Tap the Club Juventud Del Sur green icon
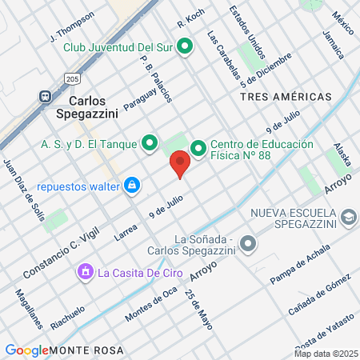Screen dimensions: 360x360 (x=186, y=46)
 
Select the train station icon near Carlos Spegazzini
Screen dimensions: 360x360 (x=45, y=94)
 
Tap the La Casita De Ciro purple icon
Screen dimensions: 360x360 (x=84, y=273)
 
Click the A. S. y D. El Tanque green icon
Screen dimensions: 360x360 (x=149, y=144)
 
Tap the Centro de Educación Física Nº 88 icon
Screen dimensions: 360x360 (x=198, y=147)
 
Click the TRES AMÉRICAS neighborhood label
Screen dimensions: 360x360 (x=285, y=96)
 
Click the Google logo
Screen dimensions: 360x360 (x=26, y=350)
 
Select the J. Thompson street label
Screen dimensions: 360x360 (x=71, y=26)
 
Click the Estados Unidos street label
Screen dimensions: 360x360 (x=246, y=33)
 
